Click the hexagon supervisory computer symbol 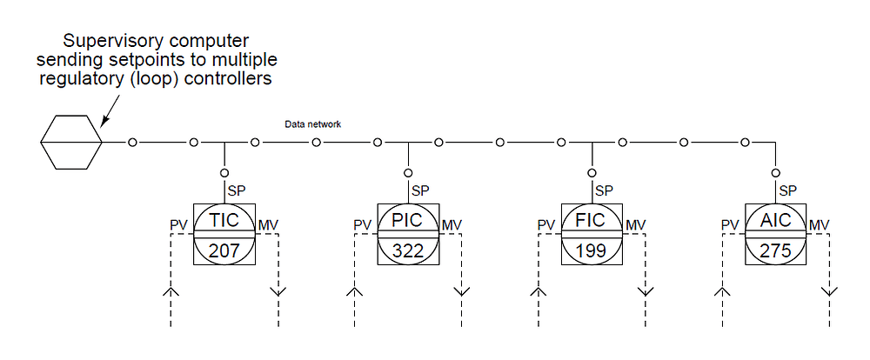[72, 141]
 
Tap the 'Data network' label [312, 124]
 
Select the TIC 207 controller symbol [224, 234]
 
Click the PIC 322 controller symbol [407, 234]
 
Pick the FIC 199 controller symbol [592, 234]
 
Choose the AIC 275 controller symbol [775, 234]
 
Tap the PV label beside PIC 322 [362, 226]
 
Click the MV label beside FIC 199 [635, 226]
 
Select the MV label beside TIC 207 [267, 226]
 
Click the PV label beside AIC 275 [730, 226]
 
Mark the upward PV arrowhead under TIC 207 [171, 290]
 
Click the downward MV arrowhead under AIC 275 [829, 290]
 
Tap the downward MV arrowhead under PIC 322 [461, 290]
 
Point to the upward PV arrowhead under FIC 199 [539, 290]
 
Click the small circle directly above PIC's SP [407, 171]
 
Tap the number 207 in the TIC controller [224, 250]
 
